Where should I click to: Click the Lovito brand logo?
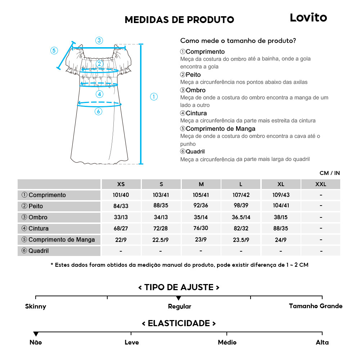(x=308, y=18)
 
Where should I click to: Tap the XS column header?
(x=121, y=184)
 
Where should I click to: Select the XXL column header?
(x=320, y=184)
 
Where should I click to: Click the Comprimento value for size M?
(x=201, y=195)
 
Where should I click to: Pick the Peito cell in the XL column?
(x=281, y=206)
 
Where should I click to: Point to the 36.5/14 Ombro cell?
(x=241, y=217)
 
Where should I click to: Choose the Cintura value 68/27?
(x=121, y=229)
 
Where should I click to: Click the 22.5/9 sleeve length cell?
(x=161, y=240)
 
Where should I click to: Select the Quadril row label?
(x=35, y=251)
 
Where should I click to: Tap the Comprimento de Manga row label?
(x=58, y=240)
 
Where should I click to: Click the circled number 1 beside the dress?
(x=154, y=96)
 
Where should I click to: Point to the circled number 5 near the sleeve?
(x=54, y=50)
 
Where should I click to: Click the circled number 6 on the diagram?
(x=98, y=112)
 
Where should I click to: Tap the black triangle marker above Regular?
(x=179, y=298)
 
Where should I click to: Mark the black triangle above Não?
(x=36, y=334)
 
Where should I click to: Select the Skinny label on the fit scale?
(x=36, y=307)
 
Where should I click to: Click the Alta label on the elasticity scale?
(x=322, y=342)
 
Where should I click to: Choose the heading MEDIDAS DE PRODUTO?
(x=179, y=20)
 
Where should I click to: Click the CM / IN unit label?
(x=329, y=173)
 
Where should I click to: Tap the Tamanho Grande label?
(x=316, y=306)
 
